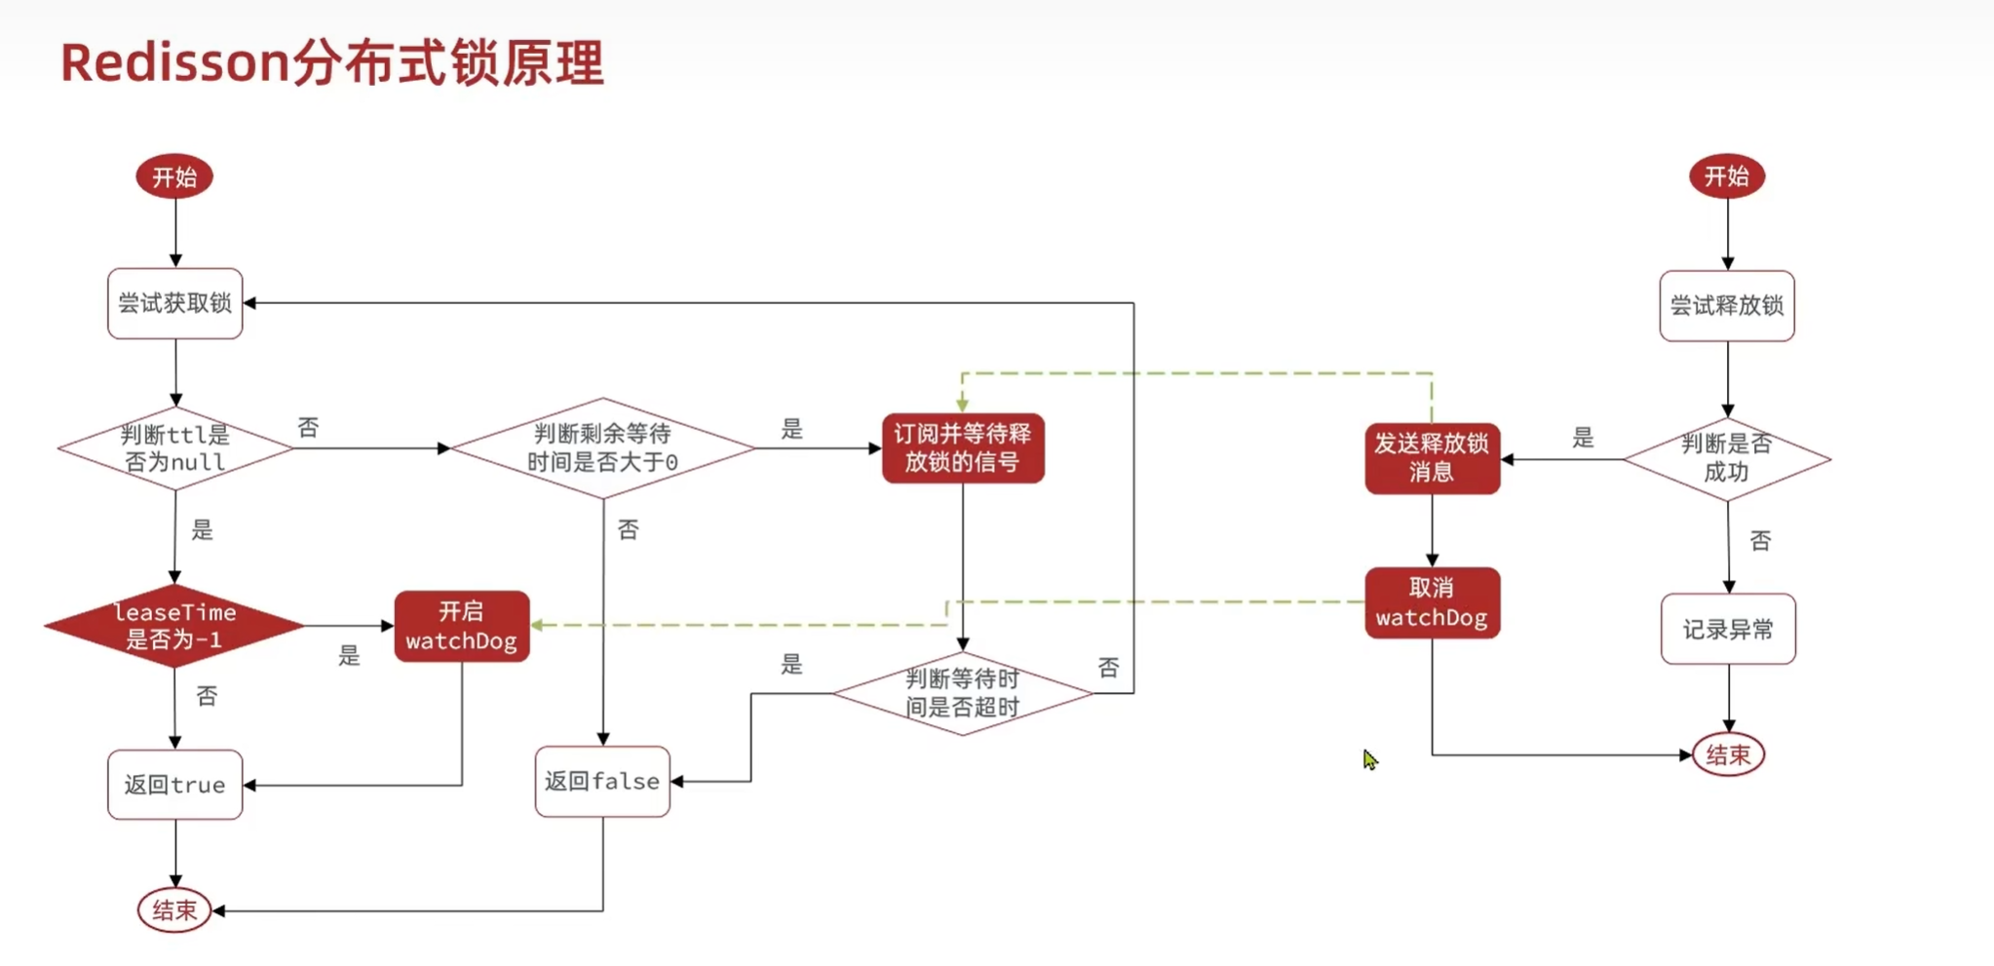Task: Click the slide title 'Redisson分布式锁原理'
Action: tap(332, 63)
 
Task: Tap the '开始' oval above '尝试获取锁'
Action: tap(174, 177)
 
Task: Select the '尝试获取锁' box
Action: tap(175, 303)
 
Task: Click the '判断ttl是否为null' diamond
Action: tap(175, 448)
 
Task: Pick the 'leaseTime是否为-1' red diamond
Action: tap(175, 626)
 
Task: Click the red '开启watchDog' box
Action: tap(462, 626)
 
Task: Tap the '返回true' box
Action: tap(175, 785)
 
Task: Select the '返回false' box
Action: tap(602, 781)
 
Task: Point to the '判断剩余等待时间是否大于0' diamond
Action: tap(602, 448)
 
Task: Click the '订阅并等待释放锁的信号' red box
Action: tap(963, 448)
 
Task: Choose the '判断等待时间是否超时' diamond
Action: tap(963, 693)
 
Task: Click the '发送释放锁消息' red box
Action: tap(1432, 458)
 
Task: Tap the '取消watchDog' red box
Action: tap(1432, 602)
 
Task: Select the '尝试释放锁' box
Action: tap(1727, 306)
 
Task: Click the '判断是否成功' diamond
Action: tap(1727, 458)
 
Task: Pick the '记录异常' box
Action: tap(1728, 629)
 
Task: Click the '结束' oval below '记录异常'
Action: tap(1728, 754)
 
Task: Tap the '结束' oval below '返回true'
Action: tap(174, 910)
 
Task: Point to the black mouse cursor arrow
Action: tap(1369, 758)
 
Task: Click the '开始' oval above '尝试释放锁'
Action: tap(1727, 176)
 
